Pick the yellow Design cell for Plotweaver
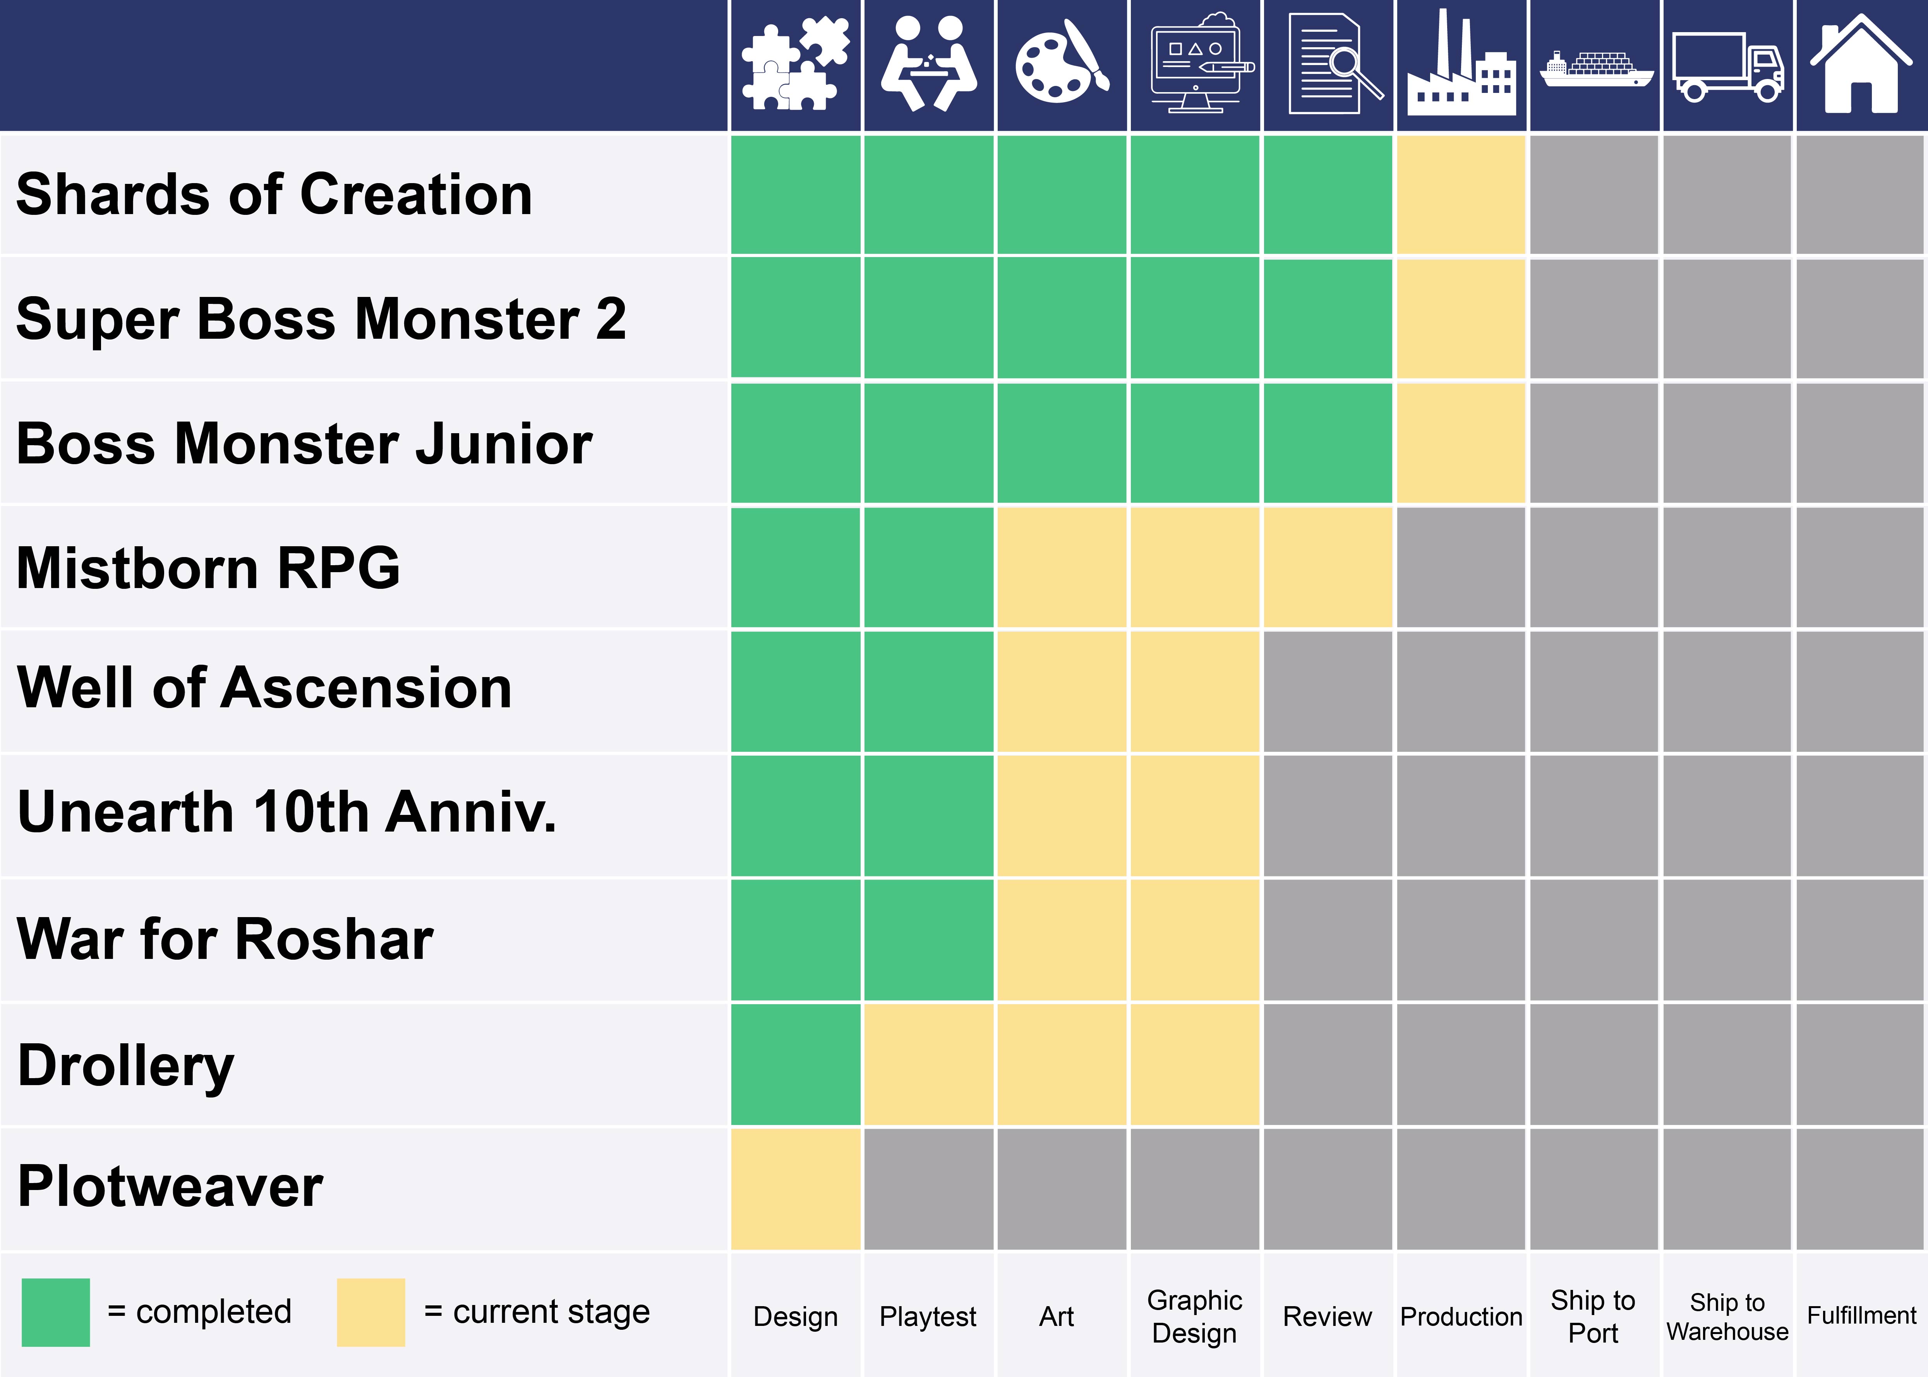(795, 1188)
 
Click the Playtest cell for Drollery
(928, 1064)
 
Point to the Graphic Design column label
(1195, 1316)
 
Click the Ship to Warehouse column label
(1727, 1316)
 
